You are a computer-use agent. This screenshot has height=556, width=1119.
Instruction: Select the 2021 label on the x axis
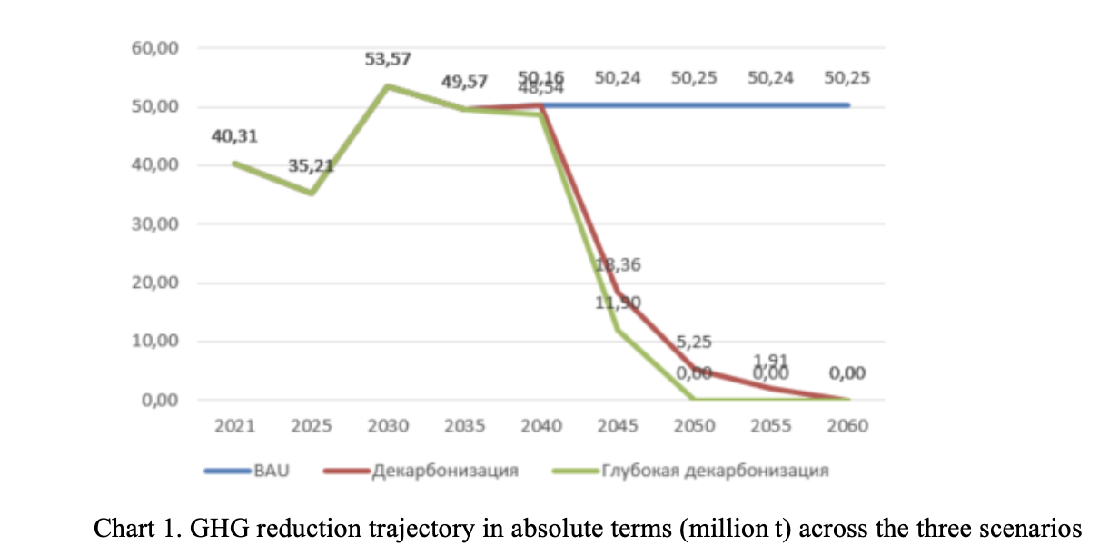(x=236, y=426)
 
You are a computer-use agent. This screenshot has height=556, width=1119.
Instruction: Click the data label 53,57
(x=389, y=59)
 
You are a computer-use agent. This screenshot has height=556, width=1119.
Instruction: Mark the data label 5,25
(x=694, y=343)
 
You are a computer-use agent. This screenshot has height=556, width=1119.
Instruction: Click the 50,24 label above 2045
(x=618, y=78)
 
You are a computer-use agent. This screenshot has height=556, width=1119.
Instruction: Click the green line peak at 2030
(x=389, y=86)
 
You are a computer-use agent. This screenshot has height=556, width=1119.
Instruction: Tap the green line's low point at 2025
(x=312, y=193)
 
